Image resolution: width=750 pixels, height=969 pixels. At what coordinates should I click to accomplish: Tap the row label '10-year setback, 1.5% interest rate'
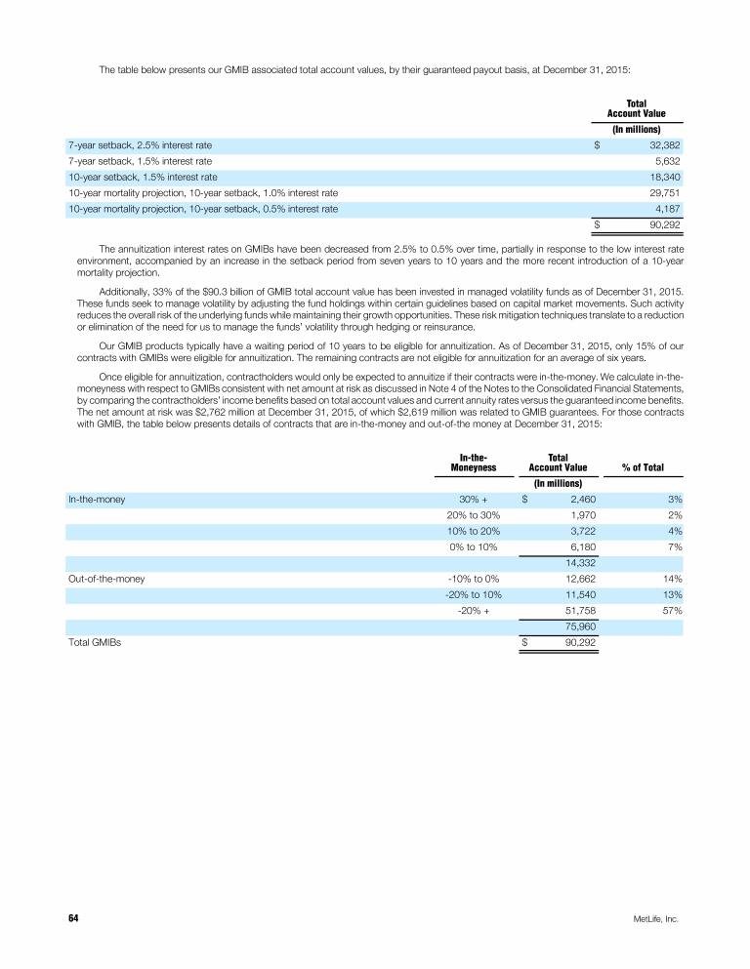click(142, 178)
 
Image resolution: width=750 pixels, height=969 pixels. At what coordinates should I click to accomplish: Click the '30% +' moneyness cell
click(473, 499)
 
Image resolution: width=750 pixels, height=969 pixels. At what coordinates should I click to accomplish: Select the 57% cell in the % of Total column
click(670, 611)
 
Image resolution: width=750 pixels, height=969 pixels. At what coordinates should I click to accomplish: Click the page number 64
click(73, 918)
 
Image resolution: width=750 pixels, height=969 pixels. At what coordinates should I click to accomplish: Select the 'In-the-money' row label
click(96, 499)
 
